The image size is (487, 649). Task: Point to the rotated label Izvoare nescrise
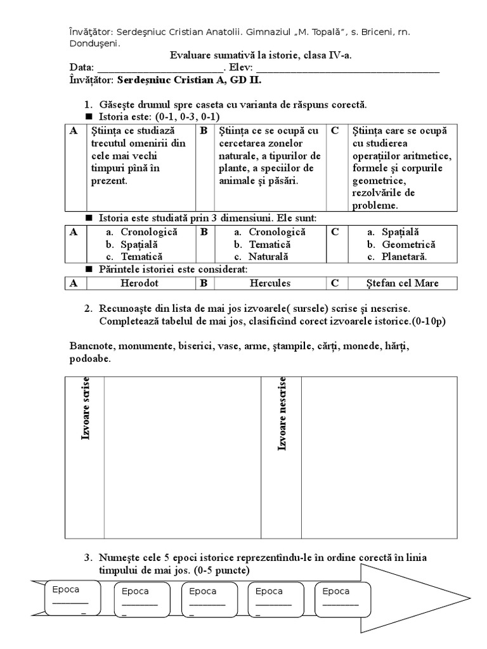[x=282, y=414]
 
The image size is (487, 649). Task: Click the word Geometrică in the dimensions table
[x=408, y=245]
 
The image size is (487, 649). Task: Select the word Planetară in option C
[x=405, y=257]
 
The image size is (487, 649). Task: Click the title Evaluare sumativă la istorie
[x=261, y=56]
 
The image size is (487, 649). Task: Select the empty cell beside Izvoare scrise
[x=183, y=457]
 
